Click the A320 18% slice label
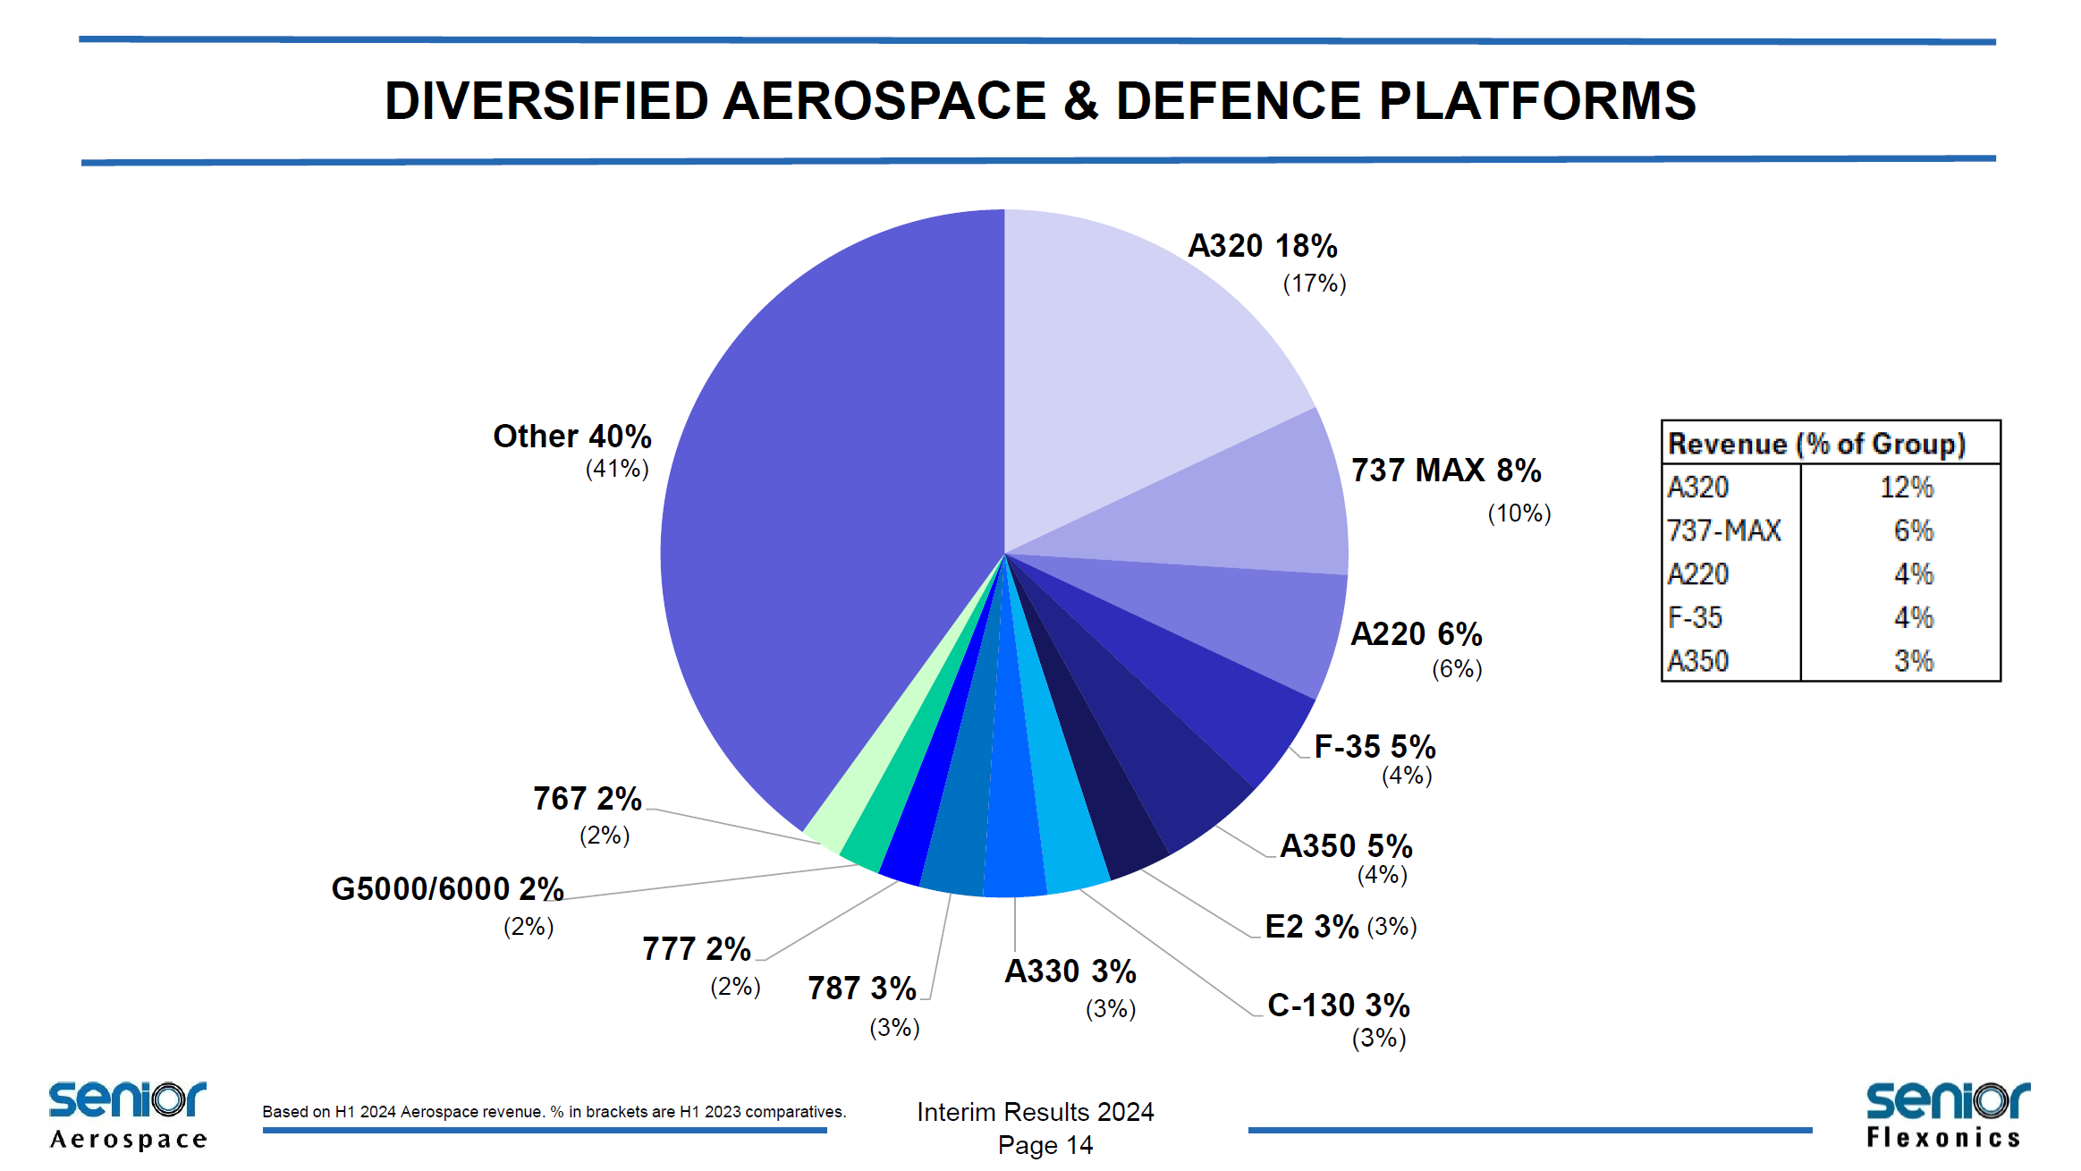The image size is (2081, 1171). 1262,246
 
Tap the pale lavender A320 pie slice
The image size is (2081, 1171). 1136,358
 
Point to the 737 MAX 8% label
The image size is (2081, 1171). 1445,471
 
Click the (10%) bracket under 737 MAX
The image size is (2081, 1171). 1518,513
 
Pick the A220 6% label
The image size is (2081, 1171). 1416,634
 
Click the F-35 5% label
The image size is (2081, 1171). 1375,746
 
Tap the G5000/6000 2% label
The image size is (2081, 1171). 447,889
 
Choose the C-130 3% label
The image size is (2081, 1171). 1338,1006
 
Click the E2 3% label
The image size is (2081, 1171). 1311,927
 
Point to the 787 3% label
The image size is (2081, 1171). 861,989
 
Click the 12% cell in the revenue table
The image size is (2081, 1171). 1906,488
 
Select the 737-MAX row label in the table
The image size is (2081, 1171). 1723,530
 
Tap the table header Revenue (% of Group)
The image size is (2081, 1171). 1816,444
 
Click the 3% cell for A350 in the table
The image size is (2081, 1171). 1913,661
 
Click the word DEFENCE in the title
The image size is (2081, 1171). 1238,100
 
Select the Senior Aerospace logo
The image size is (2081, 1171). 128,1115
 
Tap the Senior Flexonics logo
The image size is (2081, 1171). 1947,1115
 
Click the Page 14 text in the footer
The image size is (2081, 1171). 1045,1145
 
